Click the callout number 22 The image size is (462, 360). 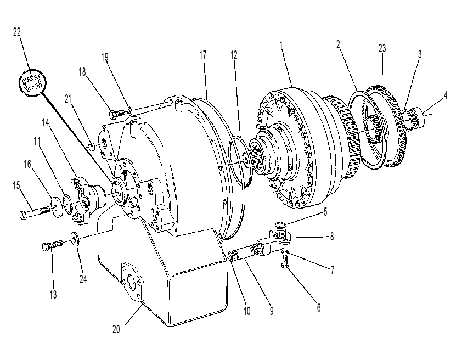(17, 32)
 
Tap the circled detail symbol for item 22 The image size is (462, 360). (33, 83)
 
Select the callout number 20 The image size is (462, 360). (116, 329)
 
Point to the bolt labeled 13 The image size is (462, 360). (53, 245)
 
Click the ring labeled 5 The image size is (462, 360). (279, 226)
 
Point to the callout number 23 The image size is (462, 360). (382, 48)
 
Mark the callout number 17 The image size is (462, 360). (202, 55)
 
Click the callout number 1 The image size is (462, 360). (281, 46)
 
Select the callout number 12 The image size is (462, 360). (234, 55)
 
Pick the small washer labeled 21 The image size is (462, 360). (92, 145)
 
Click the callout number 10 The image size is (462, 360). (247, 311)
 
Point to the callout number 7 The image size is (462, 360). (333, 270)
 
